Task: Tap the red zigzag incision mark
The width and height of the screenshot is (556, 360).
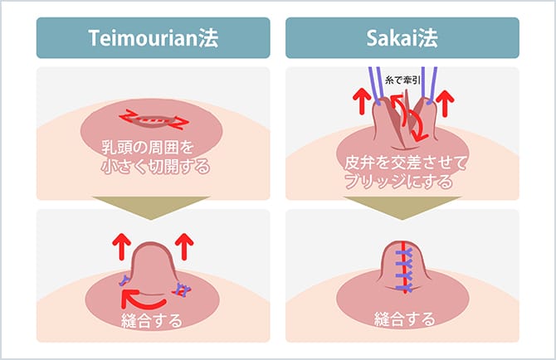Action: [153, 121]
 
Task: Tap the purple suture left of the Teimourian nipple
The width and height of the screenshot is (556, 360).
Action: [124, 278]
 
